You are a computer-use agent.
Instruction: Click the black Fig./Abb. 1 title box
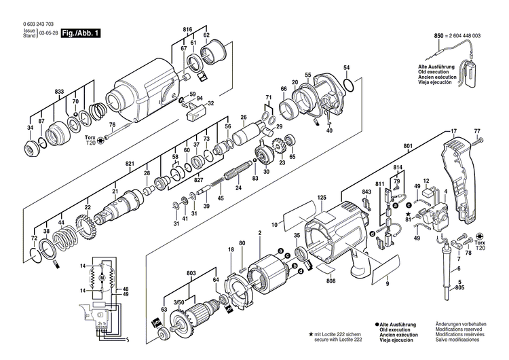(x=80, y=33)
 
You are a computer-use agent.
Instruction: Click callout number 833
(x=59, y=90)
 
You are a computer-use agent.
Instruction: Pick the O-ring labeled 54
(x=348, y=86)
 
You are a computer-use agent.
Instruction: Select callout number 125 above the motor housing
(x=322, y=198)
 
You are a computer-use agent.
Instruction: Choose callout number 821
(x=130, y=164)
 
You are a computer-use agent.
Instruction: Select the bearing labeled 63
(x=163, y=334)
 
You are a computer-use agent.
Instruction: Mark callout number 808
(x=331, y=281)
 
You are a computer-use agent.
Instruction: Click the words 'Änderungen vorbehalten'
(x=461, y=325)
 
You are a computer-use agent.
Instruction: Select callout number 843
(x=366, y=192)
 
